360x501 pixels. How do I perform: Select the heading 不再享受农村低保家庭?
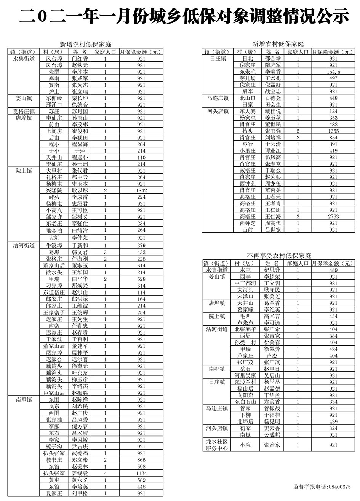click(278, 256)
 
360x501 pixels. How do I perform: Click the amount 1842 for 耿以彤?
click(141, 190)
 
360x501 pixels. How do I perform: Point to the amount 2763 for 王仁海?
click(333, 216)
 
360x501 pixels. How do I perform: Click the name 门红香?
click(80, 59)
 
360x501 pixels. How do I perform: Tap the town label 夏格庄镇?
click(24, 111)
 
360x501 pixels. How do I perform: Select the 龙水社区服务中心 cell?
click(216, 445)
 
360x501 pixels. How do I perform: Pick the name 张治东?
click(272, 445)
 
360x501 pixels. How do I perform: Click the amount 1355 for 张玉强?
click(333, 131)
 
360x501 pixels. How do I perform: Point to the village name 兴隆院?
click(54, 190)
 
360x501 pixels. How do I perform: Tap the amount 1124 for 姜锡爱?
click(141, 473)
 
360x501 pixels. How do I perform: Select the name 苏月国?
click(80, 111)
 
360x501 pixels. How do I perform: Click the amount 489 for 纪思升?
click(333, 270)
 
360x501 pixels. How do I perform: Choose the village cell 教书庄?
click(54, 460)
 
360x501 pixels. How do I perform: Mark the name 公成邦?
click(272, 435)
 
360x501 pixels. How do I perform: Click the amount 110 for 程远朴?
click(141, 157)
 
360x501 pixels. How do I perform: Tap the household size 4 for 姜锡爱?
click(105, 473)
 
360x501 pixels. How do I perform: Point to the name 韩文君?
click(80, 252)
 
